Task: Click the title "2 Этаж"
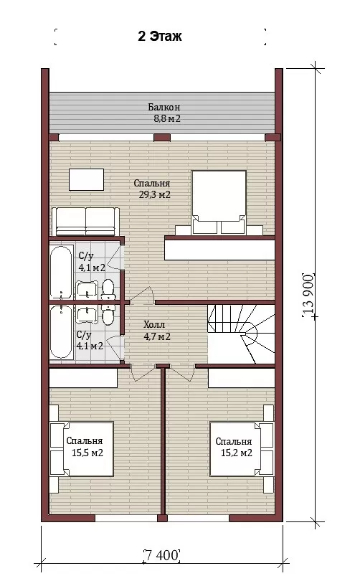point(160,37)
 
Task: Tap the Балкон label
point(164,107)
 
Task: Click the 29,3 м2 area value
point(155,194)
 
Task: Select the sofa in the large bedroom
point(85,221)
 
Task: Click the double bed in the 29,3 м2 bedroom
point(219,202)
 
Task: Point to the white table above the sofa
point(86,180)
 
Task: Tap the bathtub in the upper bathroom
point(61,272)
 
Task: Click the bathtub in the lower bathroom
point(61,332)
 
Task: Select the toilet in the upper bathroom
point(108,289)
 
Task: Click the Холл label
point(154,325)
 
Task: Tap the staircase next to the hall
point(241,334)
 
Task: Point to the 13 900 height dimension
point(308,296)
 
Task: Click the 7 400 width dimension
point(161,556)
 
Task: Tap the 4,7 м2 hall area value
point(156,337)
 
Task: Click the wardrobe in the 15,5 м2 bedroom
point(83,378)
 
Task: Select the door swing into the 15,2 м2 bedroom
point(182,373)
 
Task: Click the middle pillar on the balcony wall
point(162,138)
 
